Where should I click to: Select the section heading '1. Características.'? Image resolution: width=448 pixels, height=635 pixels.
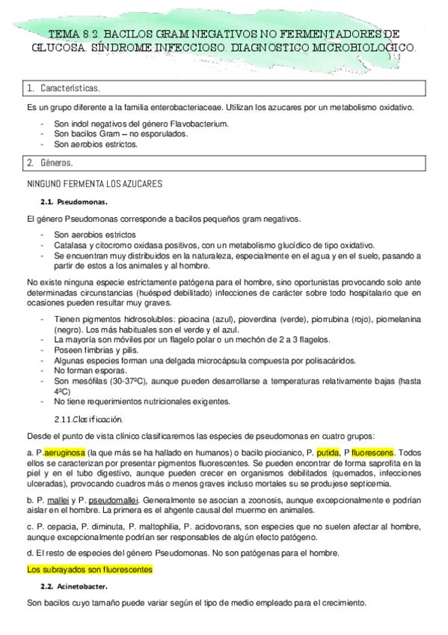tap(60, 89)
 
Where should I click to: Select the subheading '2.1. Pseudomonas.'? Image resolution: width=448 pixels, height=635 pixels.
tap(74, 202)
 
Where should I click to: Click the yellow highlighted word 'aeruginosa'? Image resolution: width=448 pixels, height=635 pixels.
tap(64, 452)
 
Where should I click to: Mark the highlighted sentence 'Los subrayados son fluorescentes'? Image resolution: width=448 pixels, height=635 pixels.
tap(89, 570)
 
